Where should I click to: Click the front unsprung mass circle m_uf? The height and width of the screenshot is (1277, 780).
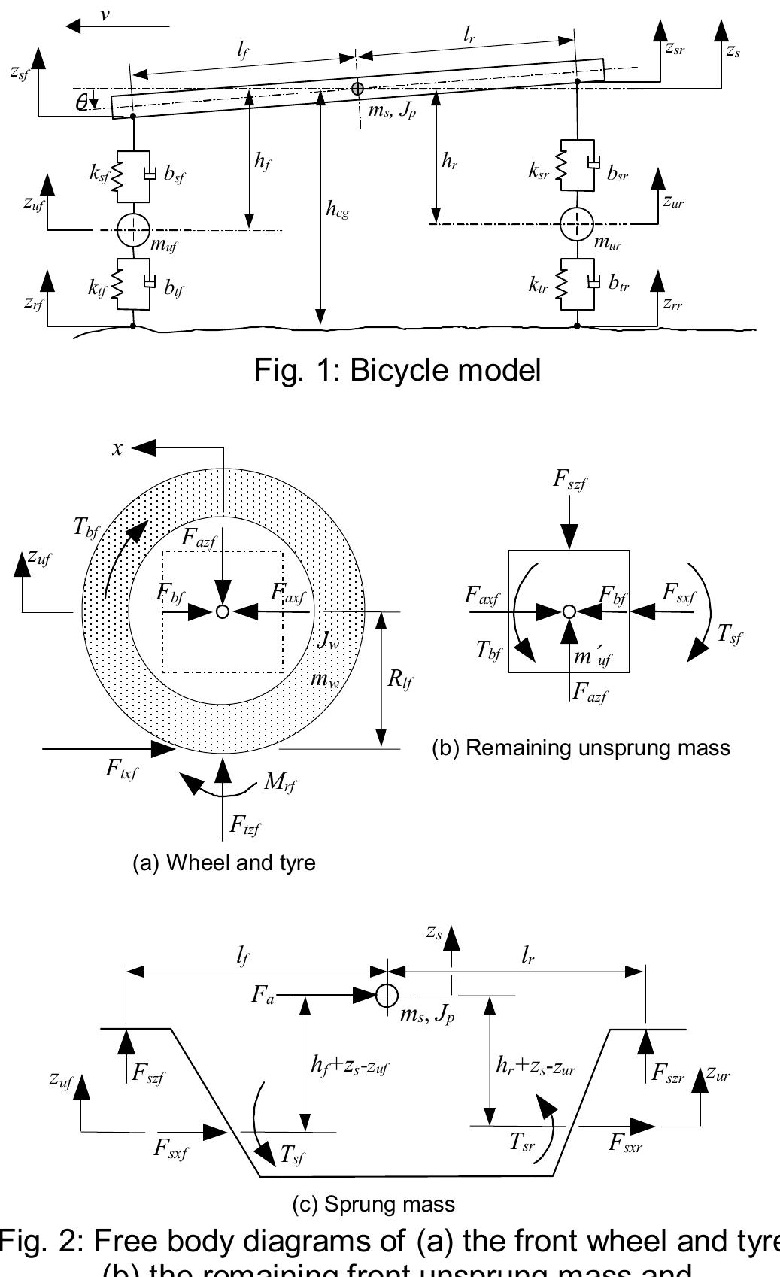(x=133, y=229)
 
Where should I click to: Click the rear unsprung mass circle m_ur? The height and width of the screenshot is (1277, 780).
(x=577, y=223)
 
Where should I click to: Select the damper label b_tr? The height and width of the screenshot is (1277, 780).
(x=619, y=284)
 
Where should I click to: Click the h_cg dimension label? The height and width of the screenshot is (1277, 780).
(x=337, y=210)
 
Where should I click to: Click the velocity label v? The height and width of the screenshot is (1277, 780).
(x=105, y=14)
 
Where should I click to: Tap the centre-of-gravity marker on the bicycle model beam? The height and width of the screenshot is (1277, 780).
(x=357, y=89)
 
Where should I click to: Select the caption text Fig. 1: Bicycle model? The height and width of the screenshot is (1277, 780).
(x=397, y=370)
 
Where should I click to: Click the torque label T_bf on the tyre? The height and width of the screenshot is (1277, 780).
(x=86, y=528)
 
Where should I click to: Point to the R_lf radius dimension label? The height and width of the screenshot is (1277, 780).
(x=399, y=680)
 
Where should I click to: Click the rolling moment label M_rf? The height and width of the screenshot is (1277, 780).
(x=280, y=783)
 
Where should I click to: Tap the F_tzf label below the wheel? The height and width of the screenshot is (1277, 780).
(x=245, y=827)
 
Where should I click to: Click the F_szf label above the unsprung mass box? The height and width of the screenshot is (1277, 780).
(x=569, y=480)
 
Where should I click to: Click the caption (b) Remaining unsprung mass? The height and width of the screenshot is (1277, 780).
(x=581, y=748)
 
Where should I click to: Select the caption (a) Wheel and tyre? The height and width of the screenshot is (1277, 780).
(x=223, y=862)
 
